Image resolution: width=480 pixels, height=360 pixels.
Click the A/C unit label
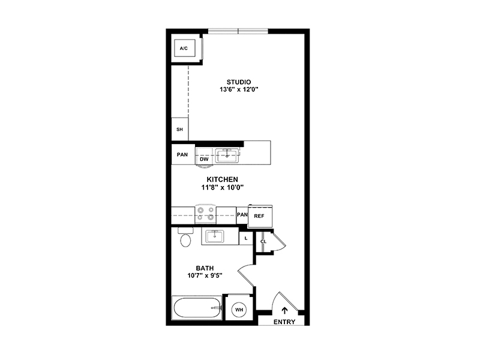[x=184, y=49]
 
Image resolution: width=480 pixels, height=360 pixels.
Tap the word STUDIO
[x=239, y=82]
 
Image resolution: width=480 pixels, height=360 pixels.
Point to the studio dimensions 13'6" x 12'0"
[x=239, y=89]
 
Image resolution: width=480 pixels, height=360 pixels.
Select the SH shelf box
[x=179, y=129]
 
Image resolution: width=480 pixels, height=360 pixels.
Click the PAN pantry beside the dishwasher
[x=183, y=154]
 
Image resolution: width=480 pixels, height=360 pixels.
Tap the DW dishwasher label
[x=204, y=159]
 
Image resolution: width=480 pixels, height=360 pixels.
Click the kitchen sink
[x=227, y=155]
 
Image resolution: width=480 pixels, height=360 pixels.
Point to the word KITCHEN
[x=222, y=179]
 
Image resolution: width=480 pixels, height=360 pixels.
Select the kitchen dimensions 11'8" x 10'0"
[x=222, y=187]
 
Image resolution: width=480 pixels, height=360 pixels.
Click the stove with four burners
[x=205, y=214]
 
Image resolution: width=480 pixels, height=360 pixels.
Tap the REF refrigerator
[x=260, y=216]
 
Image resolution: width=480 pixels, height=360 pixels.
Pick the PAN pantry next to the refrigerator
[x=242, y=215]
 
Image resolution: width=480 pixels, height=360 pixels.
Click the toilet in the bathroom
[x=185, y=237]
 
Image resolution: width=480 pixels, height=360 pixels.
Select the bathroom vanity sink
[x=214, y=236]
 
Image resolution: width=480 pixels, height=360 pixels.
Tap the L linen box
[x=246, y=238]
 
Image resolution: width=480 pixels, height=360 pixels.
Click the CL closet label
[x=263, y=242]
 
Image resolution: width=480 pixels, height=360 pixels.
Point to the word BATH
[x=205, y=268]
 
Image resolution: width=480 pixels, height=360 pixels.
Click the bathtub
[x=197, y=308]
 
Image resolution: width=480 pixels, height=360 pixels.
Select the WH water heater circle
[x=239, y=310]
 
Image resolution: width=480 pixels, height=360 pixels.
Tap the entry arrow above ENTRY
[x=284, y=310]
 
